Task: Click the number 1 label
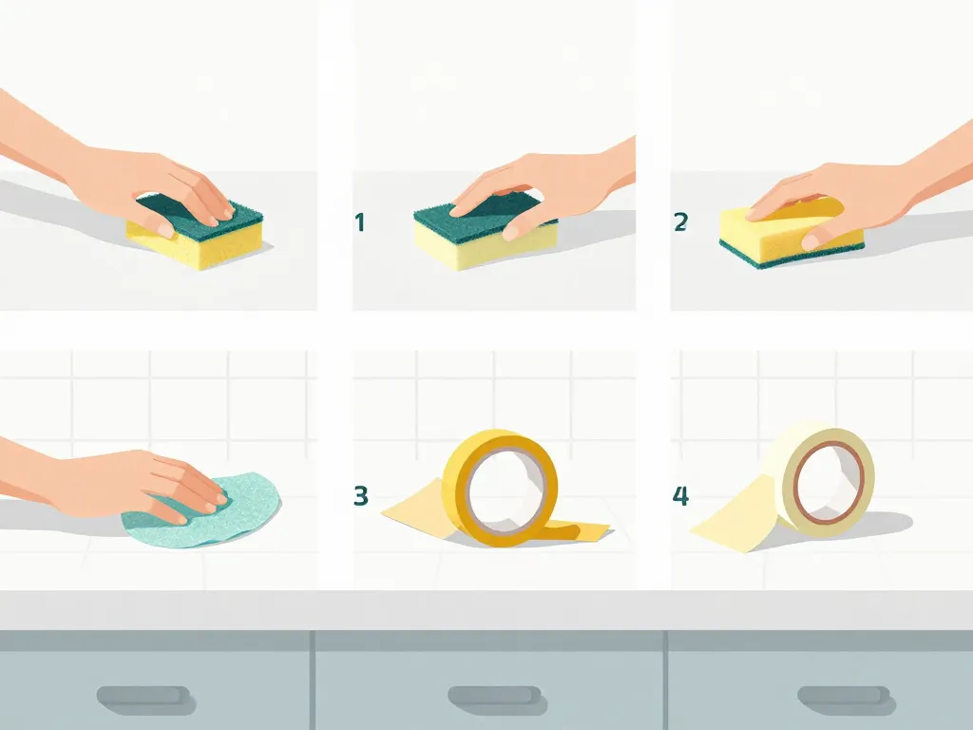359,222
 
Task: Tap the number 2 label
680,221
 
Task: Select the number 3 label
360,496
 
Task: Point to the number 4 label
680,496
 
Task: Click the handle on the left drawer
144,696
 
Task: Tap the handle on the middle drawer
496,696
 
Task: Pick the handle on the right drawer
846,696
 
